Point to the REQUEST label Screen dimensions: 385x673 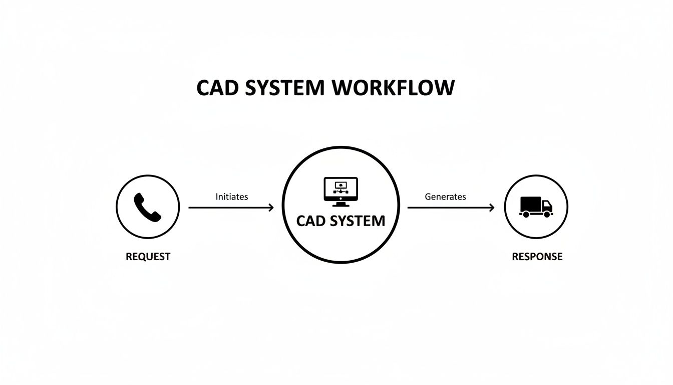coord(148,257)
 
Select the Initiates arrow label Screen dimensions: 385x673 coord(231,197)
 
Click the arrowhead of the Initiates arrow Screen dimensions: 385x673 coord(271,207)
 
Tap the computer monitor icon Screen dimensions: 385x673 coord(341,190)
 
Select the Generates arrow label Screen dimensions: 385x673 coord(445,197)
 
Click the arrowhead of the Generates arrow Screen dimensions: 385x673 coord(492,207)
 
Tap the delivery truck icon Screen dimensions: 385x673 coord(536,207)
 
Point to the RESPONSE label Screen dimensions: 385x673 coord(537,257)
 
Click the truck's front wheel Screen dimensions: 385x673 coord(547,215)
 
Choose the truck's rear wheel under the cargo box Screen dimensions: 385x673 coord(526,215)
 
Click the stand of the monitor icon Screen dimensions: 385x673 coord(341,204)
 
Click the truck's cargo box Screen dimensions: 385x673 coord(530,204)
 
